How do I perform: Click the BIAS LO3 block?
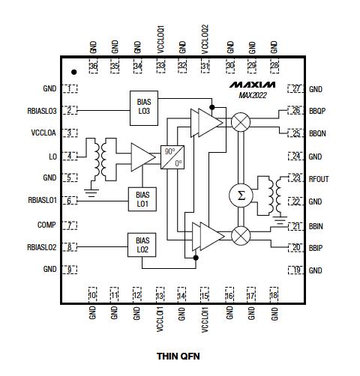pos(143,105)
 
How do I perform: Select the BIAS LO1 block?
pos(142,198)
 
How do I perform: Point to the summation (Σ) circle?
pos(240,195)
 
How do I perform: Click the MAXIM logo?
pos(253,85)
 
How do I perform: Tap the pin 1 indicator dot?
pos(73,73)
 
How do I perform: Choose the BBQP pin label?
pos(318,111)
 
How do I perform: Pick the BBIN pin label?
pos(316,225)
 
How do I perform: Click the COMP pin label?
pos(46,225)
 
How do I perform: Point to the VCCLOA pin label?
pos(43,133)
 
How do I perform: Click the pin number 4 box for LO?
pos(70,156)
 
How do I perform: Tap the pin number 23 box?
pos(295,179)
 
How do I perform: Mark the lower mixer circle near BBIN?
pos(241,235)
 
